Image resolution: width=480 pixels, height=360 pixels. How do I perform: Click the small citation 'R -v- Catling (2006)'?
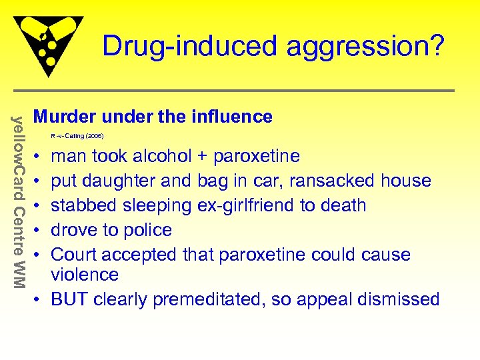77,136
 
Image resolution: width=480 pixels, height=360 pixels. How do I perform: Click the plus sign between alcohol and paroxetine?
205,157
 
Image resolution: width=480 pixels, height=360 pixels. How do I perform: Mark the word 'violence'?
85,274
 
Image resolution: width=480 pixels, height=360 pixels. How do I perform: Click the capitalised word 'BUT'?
69,299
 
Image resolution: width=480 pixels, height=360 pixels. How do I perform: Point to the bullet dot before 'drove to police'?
38,231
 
